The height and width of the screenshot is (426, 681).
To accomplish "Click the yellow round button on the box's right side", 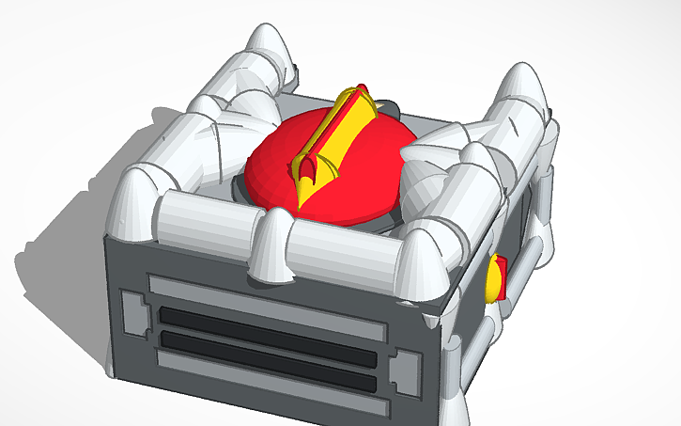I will pyautogui.click(x=490, y=280).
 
